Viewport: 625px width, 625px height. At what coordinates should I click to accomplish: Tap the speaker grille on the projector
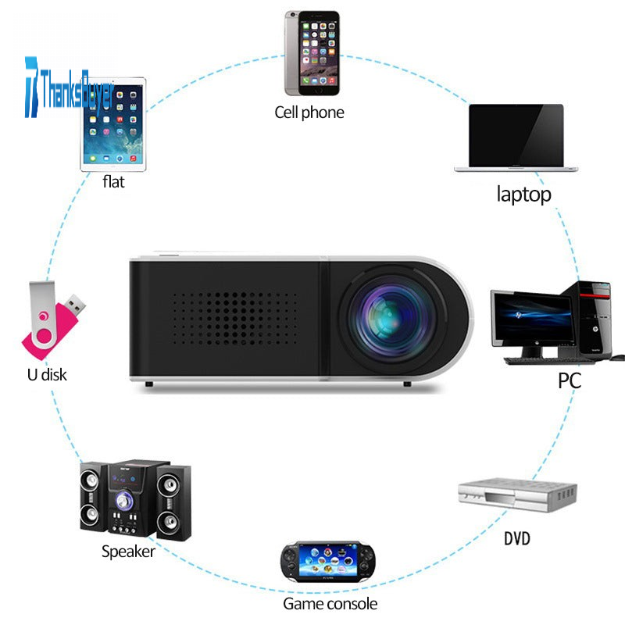(x=235, y=320)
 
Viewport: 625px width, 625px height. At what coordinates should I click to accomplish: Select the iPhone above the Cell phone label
(x=312, y=53)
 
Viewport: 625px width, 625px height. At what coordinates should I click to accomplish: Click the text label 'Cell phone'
(x=309, y=112)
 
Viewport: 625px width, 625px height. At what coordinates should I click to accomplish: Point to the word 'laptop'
(x=523, y=195)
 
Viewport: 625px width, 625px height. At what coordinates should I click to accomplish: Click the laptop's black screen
(x=516, y=135)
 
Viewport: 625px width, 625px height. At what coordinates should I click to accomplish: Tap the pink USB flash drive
(x=53, y=321)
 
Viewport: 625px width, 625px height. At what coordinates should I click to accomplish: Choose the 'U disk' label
(x=47, y=375)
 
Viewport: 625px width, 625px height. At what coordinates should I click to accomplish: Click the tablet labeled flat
(x=113, y=125)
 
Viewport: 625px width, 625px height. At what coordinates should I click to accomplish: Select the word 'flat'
(x=113, y=182)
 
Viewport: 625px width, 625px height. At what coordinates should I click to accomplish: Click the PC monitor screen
(x=533, y=319)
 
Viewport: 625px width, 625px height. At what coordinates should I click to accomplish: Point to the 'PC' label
(x=570, y=380)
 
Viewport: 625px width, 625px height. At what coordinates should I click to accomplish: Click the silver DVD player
(x=517, y=495)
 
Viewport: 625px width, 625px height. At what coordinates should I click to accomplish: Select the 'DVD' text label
(x=517, y=538)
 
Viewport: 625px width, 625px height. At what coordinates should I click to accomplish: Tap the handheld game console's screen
(x=328, y=561)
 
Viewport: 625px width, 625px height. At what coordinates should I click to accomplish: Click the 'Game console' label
(x=330, y=604)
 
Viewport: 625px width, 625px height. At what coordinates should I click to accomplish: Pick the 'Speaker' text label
(x=128, y=552)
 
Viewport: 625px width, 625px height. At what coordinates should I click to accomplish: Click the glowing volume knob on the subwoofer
(x=124, y=500)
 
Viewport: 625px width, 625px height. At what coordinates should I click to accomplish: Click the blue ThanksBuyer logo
(x=69, y=87)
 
